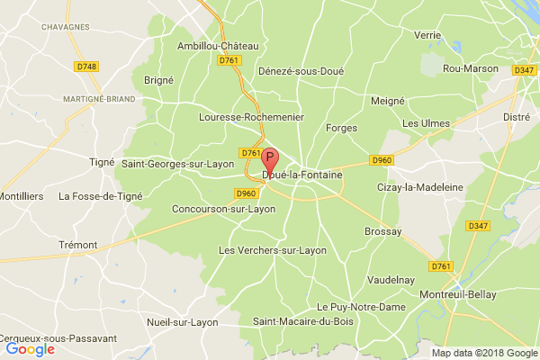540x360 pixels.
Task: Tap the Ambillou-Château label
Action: click(218, 46)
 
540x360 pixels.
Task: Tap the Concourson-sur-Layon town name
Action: click(223, 209)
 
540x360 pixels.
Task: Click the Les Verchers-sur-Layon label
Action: click(273, 250)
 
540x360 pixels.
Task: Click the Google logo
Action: click(29, 348)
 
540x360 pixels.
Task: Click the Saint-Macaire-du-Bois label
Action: click(297, 321)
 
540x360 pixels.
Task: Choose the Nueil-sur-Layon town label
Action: click(183, 321)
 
